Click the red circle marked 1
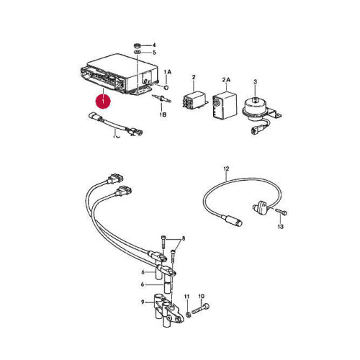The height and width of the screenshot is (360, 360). coord(103,102)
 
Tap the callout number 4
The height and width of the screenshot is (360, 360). coord(154,45)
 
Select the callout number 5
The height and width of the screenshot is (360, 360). coord(154,53)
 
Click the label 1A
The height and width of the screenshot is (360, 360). coord(168,72)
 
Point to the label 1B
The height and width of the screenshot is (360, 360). coord(163,114)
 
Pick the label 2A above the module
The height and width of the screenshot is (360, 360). coord(226,80)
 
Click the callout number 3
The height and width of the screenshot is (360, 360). coord(255,81)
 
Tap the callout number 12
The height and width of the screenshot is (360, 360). coord(226,168)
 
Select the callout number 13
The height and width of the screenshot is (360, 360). coord(280,226)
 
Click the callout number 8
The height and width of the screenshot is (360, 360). coord(184,238)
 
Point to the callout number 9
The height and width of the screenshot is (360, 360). coord(143,302)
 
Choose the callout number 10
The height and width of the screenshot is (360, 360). coord(202,297)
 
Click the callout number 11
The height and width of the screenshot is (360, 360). coord(186,297)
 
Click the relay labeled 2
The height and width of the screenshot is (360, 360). coord(194,100)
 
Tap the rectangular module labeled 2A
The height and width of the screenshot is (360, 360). coord(225,104)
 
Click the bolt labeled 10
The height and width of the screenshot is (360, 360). coord(200,308)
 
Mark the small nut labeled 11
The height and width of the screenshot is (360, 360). coord(189,314)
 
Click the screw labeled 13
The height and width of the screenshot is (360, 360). coord(281,212)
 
